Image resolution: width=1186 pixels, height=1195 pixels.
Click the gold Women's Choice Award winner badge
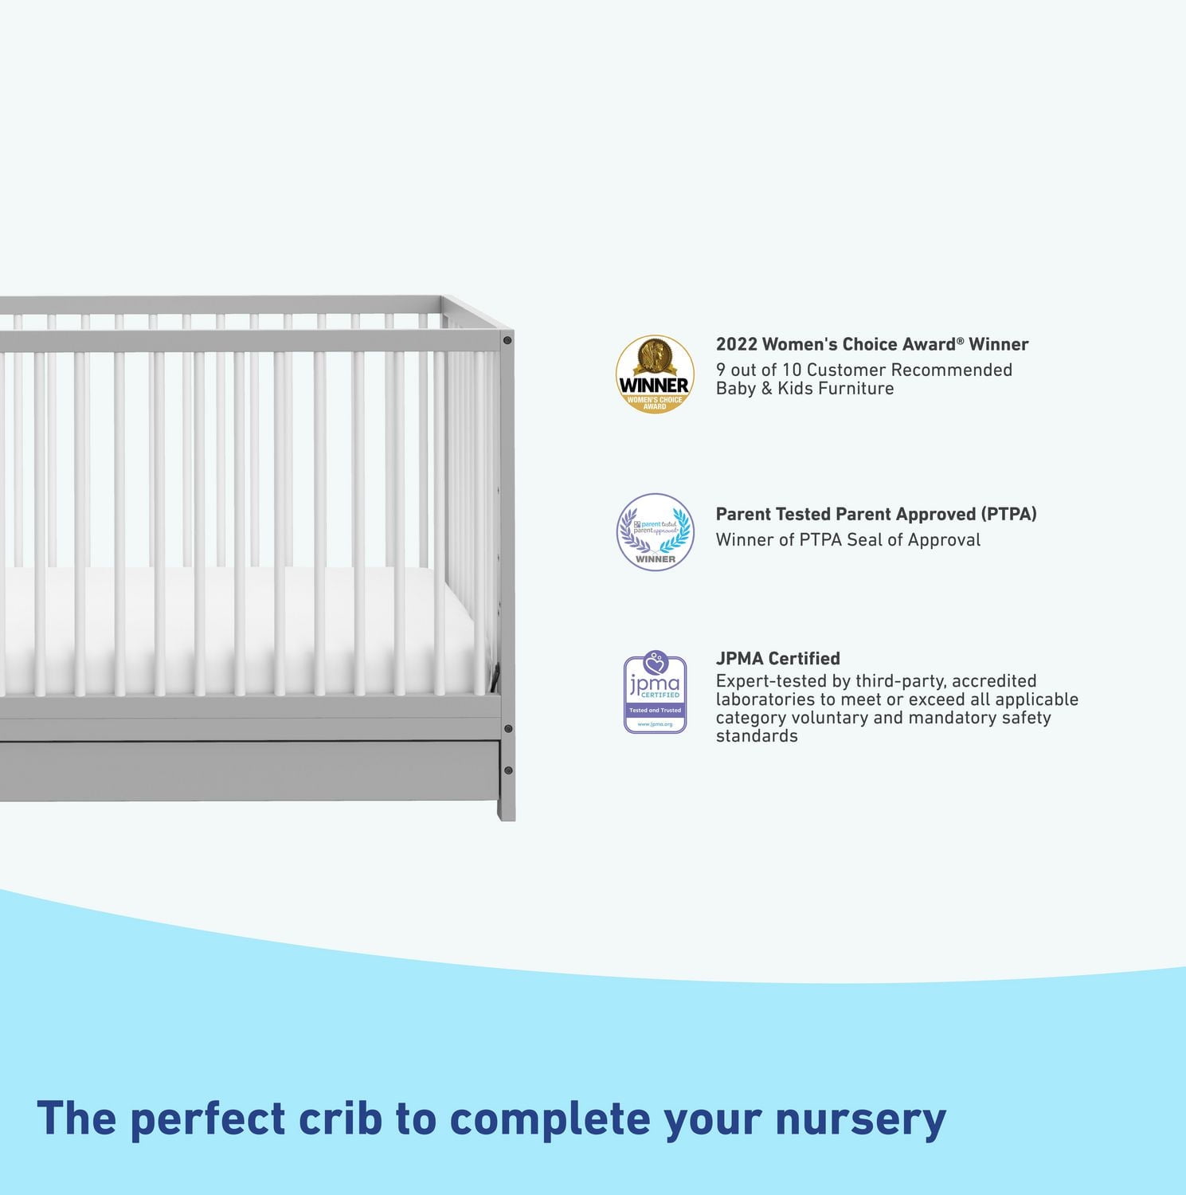[655, 374]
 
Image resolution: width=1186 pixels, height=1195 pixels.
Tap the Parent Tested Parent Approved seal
[655, 532]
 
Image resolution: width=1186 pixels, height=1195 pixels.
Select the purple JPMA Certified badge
[655, 693]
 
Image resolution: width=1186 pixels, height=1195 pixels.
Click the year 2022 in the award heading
[735, 344]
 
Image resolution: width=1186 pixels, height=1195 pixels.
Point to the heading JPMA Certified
[777, 658]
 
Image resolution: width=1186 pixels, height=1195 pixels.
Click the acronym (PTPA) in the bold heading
[1008, 514]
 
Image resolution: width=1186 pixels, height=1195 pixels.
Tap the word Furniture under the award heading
[856, 388]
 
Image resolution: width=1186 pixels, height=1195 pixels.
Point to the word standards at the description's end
[757, 736]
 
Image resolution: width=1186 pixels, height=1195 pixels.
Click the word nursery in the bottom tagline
[860, 1119]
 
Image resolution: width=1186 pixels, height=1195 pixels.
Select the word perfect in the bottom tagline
[207, 1119]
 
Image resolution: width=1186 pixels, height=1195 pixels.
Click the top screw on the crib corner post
[507, 340]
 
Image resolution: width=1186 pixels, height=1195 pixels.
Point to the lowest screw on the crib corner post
[508, 770]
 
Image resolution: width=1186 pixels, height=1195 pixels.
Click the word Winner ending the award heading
[999, 344]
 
